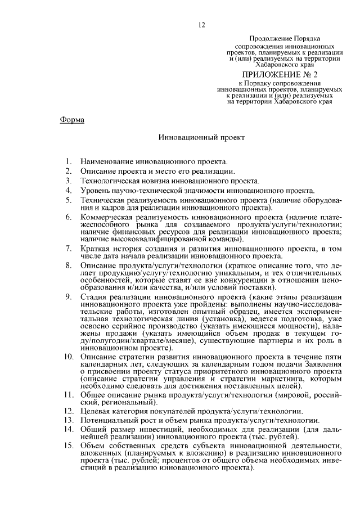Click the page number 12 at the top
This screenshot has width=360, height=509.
click(202, 25)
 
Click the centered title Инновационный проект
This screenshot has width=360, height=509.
click(201, 137)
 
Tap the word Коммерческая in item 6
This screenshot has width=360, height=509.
click(109, 218)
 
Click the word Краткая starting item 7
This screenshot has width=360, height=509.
click(96, 248)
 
